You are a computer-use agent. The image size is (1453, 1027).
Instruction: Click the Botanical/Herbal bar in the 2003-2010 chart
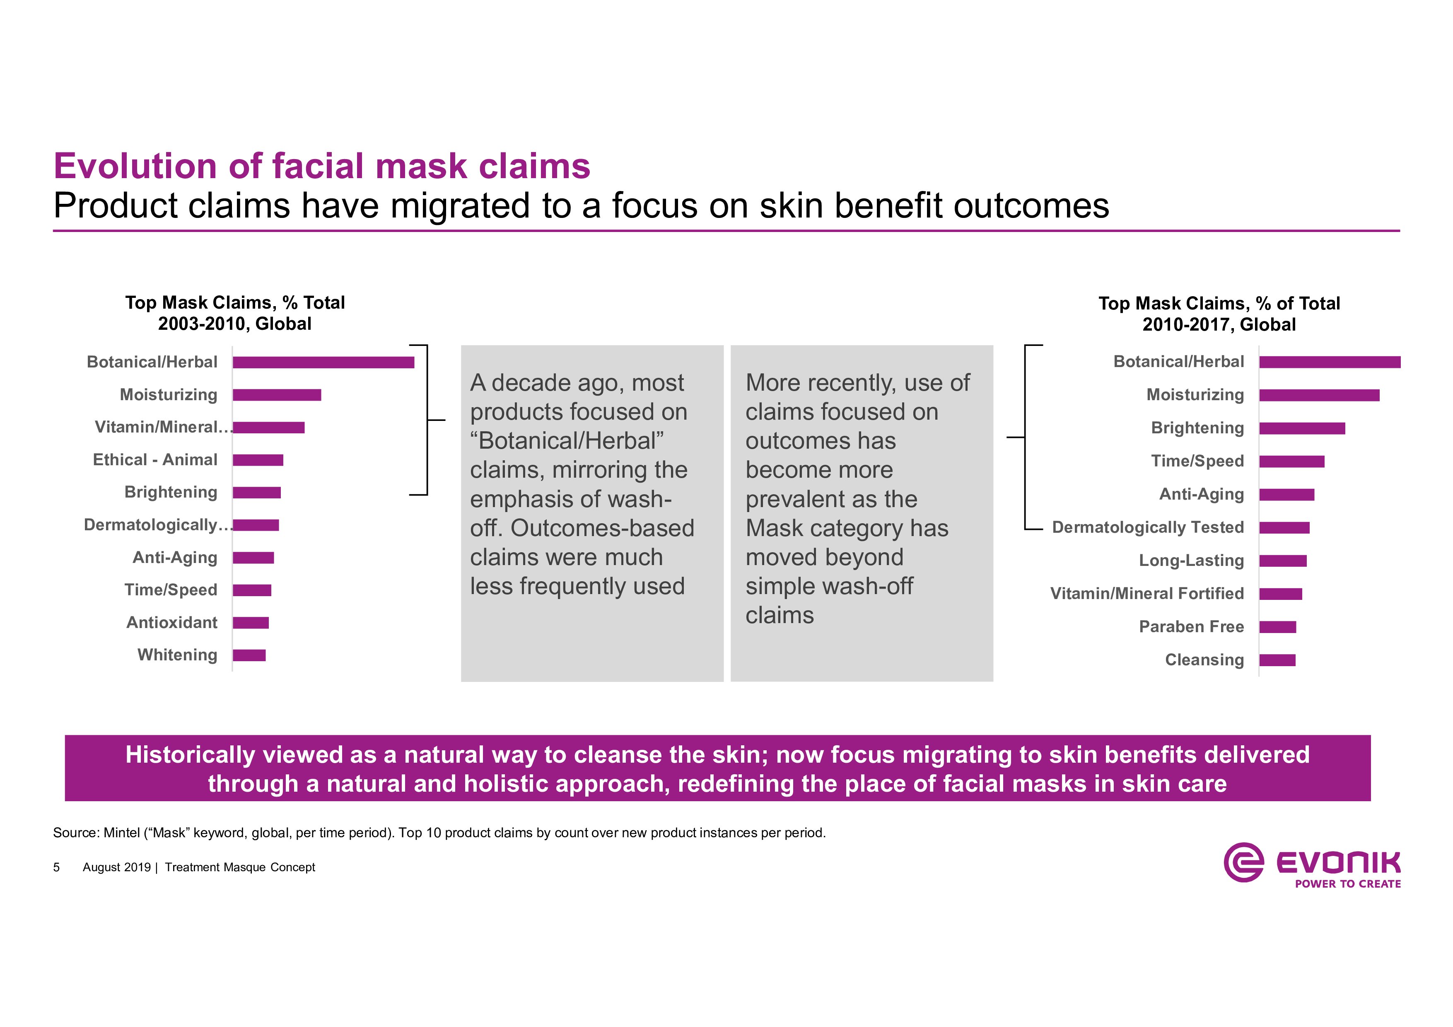pyautogui.click(x=323, y=362)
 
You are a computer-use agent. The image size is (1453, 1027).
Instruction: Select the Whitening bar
pyautogui.click(x=249, y=655)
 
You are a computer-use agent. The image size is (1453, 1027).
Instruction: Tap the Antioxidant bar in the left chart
pyautogui.click(x=251, y=623)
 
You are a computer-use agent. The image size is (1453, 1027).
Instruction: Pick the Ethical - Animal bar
pyautogui.click(x=258, y=460)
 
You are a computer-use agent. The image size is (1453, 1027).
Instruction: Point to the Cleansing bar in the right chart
pyautogui.click(x=1277, y=660)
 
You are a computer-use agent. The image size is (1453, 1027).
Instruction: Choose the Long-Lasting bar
pyautogui.click(x=1283, y=561)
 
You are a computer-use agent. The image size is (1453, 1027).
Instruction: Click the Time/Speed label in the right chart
pyautogui.click(x=1197, y=461)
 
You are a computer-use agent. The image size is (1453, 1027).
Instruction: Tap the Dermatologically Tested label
pyautogui.click(x=1148, y=527)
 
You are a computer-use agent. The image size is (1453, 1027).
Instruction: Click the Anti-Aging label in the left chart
pyautogui.click(x=175, y=558)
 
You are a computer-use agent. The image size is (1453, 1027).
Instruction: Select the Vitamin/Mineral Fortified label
pyautogui.click(x=1147, y=594)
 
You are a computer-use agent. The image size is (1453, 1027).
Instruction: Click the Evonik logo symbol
pyautogui.click(x=1243, y=862)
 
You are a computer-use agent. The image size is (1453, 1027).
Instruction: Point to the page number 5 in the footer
pyautogui.click(x=56, y=868)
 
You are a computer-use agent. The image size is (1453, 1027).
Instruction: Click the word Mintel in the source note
pyautogui.click(x=121, y=833)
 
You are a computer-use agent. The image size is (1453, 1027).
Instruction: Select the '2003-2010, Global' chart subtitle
pyautogui.click(x=235, y=324)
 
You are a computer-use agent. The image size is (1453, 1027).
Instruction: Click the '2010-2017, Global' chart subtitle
pyautogui.click(x=1219, y=325)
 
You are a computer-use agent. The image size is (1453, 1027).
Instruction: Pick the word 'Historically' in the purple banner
pyautogui.click(x=190, y=755)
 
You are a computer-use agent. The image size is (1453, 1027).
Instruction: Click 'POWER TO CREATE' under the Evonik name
pyautogui.click(x=1348, y=884)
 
